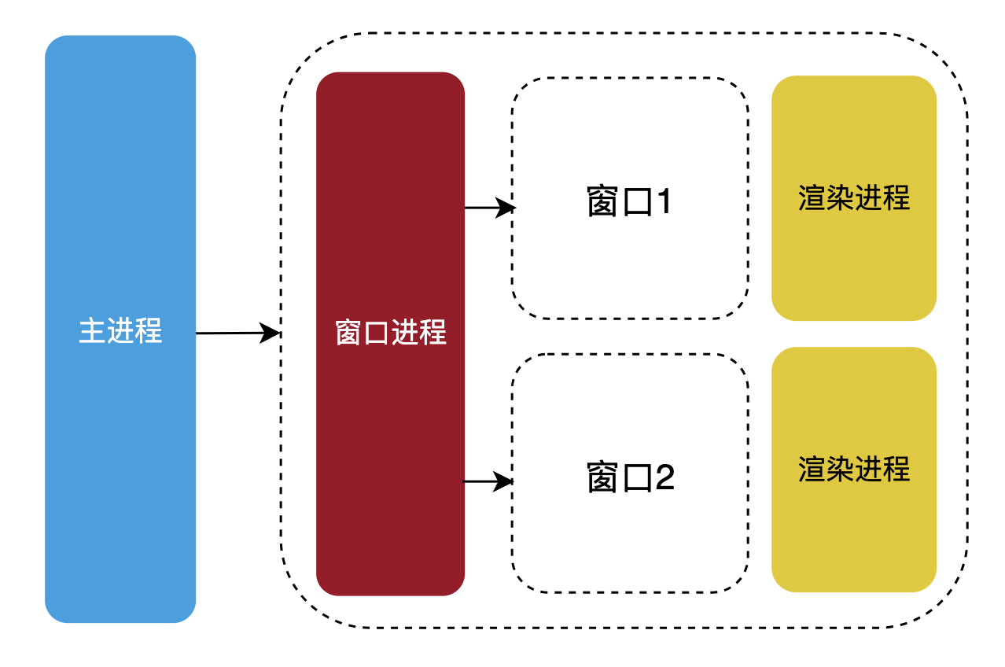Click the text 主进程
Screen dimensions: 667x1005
(x=120, y=331)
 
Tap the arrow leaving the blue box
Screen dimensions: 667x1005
(x=232, y=333)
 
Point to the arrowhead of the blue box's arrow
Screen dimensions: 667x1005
(x=272, y=333)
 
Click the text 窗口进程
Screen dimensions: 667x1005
(x=390, y=333)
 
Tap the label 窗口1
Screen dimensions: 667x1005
(x=630, y=203)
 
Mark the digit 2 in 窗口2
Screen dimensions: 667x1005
(x=664, y=477)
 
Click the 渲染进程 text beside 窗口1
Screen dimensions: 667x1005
(x=854, y=197)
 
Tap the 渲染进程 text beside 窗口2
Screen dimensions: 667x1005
(x=854, y=470)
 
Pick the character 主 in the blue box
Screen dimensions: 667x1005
(x=93, y=331)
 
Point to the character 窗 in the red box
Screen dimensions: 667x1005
(x=349, y=333)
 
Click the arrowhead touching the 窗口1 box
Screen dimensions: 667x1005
(x=507, y=208)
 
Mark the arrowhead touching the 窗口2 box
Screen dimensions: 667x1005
(x=505, y=481)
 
